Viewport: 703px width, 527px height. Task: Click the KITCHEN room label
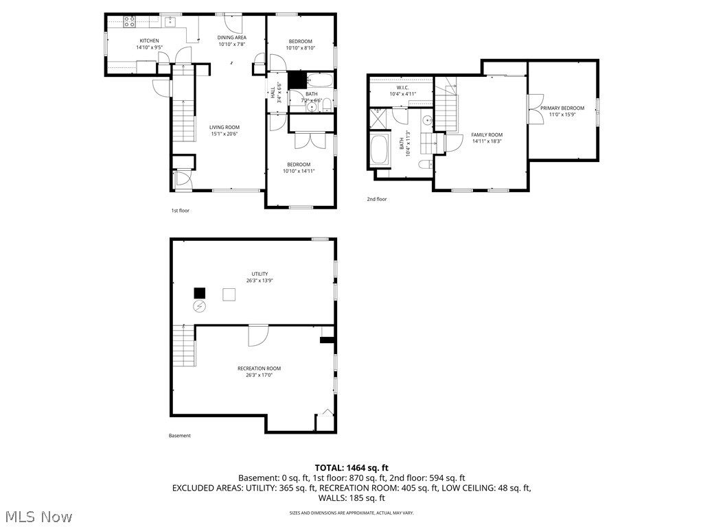(149, 41)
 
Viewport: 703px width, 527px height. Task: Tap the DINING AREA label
(232, 38)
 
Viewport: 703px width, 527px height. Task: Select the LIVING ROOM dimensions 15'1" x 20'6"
(224, 134)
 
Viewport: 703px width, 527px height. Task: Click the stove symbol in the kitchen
(130, 22)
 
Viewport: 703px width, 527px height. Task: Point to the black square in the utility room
(200, 293)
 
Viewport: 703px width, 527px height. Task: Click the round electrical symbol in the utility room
(200, 306)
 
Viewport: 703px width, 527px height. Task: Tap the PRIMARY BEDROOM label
(562, 108)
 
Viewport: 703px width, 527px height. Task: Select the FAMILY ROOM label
(487, 135)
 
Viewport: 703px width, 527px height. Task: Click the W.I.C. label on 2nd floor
(402, 87)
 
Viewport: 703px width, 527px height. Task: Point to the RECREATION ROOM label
(259, 368)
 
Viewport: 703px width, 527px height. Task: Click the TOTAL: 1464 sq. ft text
(351, 467)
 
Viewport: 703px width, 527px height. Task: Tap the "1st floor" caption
(180, 211)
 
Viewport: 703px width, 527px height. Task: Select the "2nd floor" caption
(376, 199)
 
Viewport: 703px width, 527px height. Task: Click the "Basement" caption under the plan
(180, 436)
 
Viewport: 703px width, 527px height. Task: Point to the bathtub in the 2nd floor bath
(379, 150)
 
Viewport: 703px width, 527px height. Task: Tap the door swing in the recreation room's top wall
(257, 336)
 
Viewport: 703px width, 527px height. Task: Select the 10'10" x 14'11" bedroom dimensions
(299, 171)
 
